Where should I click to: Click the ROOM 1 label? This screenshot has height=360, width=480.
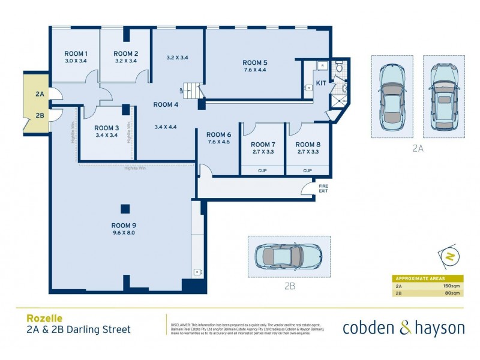pos(77,53)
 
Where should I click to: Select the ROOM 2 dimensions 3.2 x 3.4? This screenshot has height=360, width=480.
pos(126,61)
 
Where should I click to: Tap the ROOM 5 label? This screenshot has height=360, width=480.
pos(254,62)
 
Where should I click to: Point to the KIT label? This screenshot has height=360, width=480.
pos(321,83)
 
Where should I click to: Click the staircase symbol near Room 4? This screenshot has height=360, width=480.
pos(190,91)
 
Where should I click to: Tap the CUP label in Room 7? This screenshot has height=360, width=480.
pos(263,170)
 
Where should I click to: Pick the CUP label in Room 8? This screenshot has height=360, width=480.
pos(308,170)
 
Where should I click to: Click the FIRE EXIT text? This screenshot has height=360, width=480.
pos(323,188)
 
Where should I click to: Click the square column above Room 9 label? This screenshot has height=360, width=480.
pos(125,209)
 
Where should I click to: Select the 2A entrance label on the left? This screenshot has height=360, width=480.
pos(40,95)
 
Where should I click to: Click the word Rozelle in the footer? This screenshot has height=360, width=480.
pos(44,318)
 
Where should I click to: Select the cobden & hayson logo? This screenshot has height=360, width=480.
pos(403,328)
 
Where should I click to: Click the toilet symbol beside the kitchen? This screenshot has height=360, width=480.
pos(339,67)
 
